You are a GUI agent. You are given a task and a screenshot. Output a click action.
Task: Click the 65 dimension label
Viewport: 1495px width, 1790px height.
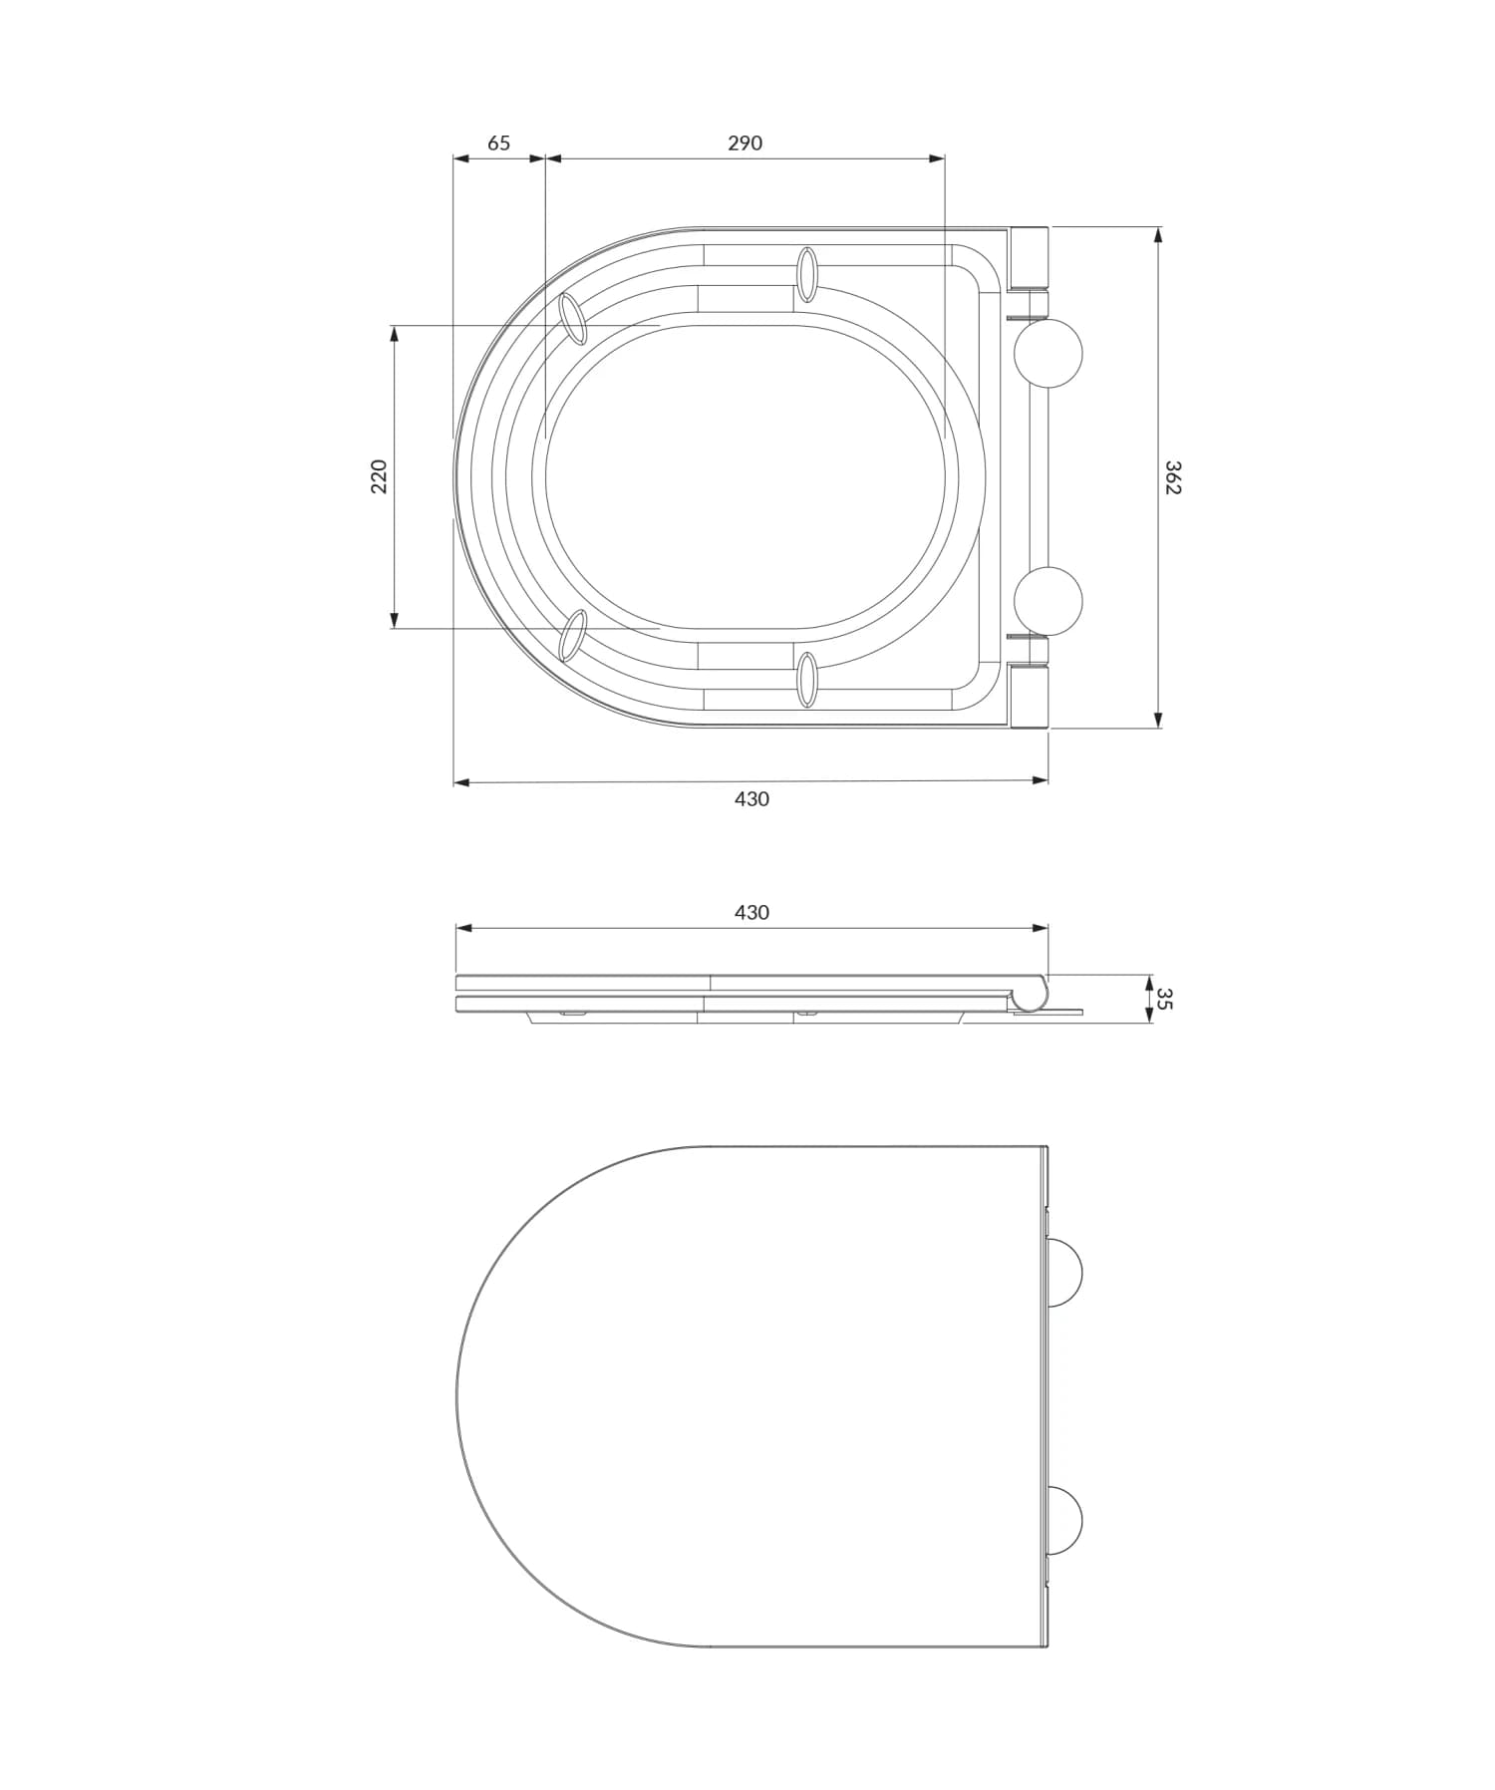pyautogui.click(x=498, y=143)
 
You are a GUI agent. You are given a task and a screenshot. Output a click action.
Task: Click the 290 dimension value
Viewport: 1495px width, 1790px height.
pyautogui.click(x=745, y=143)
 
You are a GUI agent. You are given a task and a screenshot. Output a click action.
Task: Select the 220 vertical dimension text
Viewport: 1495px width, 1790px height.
pyautogui.click(x=379, y=476)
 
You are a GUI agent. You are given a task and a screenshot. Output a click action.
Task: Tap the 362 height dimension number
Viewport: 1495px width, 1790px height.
pyautogui.click(x=1173, y=477)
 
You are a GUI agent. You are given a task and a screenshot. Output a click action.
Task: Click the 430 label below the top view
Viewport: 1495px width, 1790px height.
pyautogui.click(x=751, y=798)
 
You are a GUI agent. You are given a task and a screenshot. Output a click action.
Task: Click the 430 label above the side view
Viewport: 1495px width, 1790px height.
pyautogui.click(x=751, y=912)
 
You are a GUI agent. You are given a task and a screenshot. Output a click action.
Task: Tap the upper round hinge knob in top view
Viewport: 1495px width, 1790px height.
pyautogui.click(x=1048, y=353)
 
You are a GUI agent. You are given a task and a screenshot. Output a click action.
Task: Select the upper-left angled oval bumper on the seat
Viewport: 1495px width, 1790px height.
pyautogui.click(x=573, y=319)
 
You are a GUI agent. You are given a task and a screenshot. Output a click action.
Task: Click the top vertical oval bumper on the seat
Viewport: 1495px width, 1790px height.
pyautogui.click(x=807, y=274)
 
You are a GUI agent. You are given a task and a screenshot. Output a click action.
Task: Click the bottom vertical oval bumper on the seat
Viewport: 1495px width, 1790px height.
pyautogui.click(x=807, y=680)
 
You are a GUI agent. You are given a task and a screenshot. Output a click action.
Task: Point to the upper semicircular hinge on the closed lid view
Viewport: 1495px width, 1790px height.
pyautogui.click(x=1064, y=1272)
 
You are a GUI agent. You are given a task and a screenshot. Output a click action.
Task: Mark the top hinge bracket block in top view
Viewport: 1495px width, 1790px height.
pyautogui.click(x=1030, y=258)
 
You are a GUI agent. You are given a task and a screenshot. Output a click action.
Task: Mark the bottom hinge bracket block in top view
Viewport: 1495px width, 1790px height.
pyautogui.click(x=1030, y=696)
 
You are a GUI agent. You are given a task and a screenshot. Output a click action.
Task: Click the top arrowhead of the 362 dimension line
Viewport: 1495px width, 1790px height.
pyautogui.click(x=1157, y=234)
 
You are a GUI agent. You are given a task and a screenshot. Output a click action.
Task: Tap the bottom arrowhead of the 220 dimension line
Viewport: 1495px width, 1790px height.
pyautogui.click(x=395, y=621)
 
